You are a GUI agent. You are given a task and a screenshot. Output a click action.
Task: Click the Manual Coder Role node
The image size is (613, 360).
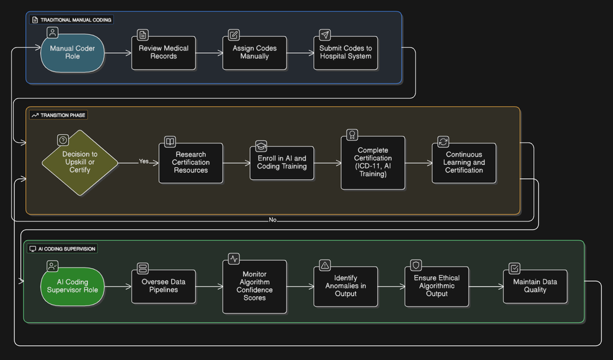(72, 53)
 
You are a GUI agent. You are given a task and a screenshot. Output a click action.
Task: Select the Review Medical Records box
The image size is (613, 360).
(164, 53)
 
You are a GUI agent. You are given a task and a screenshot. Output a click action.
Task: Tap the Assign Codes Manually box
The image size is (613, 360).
(254, 53)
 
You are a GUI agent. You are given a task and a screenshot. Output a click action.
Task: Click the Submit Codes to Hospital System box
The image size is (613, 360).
(346, 53)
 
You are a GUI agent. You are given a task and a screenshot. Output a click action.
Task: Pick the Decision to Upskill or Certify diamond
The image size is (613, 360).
(80, 163)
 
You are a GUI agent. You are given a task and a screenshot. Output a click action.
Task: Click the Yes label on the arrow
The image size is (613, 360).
(144, 161)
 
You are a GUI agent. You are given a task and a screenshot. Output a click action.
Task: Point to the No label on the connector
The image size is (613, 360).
(273, 220)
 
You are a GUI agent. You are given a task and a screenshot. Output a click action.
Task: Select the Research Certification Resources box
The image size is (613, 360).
(191, 163)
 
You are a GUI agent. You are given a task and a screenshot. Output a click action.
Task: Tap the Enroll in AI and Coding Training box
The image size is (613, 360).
(282, 163)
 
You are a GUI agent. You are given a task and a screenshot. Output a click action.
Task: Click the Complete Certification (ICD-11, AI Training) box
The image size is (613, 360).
(373, 163)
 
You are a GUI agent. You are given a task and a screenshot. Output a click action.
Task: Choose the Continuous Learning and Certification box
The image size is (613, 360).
(464, 163)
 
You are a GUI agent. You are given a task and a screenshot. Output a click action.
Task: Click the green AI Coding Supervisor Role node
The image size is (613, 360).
(72, 286)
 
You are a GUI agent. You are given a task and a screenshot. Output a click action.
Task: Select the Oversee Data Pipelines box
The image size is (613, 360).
(164, 286)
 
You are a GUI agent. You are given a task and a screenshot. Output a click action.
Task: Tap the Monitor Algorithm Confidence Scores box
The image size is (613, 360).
(254, 286)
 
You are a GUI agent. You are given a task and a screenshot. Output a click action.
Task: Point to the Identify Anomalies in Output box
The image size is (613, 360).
(346, 286)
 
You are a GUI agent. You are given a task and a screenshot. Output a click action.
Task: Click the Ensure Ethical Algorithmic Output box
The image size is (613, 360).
(436, 286)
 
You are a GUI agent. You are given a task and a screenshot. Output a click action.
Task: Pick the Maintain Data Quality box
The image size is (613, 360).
(535, 286)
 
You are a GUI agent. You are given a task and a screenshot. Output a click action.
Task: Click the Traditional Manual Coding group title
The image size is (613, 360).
(76, 20)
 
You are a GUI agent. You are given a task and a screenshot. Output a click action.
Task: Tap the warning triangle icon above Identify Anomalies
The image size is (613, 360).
(325, 266)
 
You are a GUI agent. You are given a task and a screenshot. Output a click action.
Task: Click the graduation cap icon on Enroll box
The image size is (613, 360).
(261, 146)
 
